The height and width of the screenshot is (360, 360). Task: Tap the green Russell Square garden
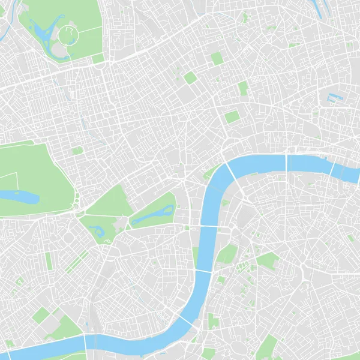tap(190, 78)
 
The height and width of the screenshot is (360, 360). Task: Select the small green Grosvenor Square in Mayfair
tap(77, 151)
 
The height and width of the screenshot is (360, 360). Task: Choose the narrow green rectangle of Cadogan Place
tap(49, 260)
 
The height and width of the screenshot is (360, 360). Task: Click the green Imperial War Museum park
tap(268, 260)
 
